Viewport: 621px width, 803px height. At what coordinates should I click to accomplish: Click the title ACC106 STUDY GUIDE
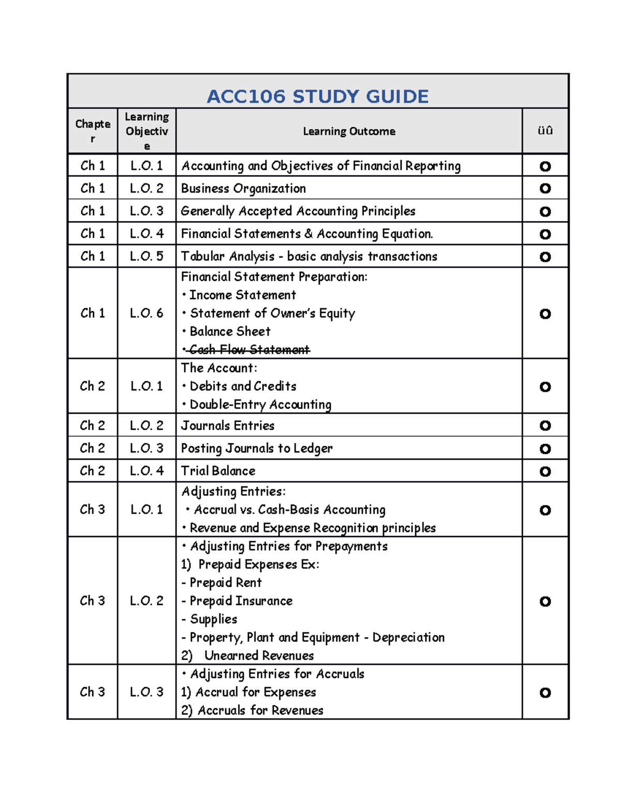pos(317,96)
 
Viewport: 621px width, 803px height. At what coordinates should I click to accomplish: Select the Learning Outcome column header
pos(349,131)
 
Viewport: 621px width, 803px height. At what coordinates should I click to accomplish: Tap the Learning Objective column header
pos(147,131)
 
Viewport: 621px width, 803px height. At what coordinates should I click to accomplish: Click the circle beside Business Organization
pos(545,188)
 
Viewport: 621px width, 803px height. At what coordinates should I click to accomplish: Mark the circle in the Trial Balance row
pos(545,471)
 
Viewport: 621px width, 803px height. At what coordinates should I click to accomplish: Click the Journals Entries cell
pos(228,426)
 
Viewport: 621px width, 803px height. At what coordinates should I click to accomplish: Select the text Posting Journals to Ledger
pos(257,448)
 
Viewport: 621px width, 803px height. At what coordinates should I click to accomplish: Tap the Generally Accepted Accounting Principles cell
pos(298,211)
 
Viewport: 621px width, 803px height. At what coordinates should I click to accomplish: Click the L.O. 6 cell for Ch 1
pos(146,313)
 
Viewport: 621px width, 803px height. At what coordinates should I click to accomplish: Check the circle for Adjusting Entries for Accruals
pos(545,692)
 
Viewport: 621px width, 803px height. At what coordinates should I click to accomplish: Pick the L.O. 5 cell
pos(146,256)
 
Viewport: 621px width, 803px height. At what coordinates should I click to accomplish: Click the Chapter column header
pos(93,131)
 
